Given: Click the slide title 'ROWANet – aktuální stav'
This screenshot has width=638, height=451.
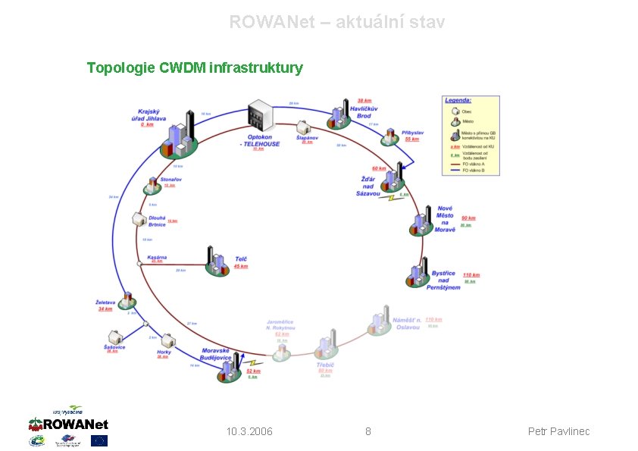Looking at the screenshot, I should [337, 22].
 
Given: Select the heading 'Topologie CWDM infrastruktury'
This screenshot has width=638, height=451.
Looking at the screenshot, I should [195, 68].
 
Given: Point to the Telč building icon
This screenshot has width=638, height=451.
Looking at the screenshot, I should [217, 261].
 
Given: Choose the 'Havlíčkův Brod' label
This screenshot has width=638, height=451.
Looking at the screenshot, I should [364, 111].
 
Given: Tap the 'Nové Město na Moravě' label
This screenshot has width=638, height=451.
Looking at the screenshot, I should [446, 218].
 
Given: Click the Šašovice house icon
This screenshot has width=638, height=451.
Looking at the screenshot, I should [115, 336].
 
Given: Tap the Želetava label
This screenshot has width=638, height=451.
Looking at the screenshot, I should [105, 302].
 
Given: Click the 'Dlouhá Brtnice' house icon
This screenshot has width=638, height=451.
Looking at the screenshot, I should [139, 219].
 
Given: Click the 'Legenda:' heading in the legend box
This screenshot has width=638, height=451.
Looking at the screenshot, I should [458, 100].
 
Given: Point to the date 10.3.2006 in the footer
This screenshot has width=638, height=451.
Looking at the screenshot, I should [249, 431].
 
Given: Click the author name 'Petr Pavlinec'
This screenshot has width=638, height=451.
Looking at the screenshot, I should [558, 431].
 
